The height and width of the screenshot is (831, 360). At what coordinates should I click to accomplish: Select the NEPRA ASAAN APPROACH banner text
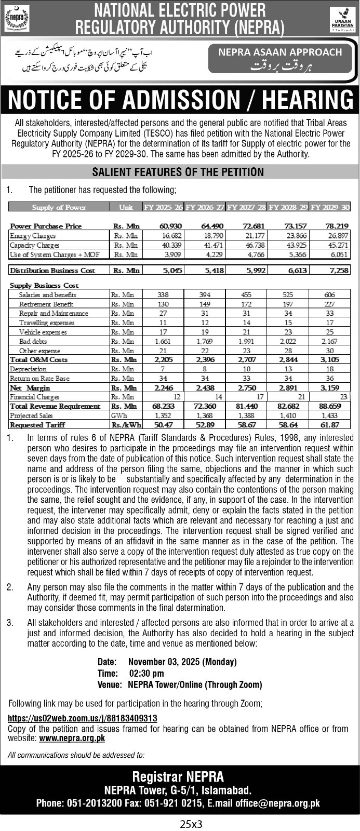(x=280, y=52)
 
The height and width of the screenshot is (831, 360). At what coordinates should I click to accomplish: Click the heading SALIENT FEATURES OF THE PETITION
(x=178, y=172)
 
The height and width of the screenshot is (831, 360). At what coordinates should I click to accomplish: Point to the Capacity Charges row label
(x=35, y=245)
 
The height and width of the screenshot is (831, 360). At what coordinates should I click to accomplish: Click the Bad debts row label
(x=33, y=341)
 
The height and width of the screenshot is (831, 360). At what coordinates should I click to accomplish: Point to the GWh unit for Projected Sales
(x=118, y=415)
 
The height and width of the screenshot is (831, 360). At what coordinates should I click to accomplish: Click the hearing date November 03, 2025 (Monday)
(x=182, y=662)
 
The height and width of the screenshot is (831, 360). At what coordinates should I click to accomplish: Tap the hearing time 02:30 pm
(x=146, y=673)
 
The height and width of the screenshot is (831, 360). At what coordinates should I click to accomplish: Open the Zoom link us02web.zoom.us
(x=83, y=718)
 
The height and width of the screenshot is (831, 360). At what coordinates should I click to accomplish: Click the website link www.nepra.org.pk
(x=72, y=738)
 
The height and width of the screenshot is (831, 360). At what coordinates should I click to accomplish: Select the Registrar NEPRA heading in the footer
(x=178, y=776)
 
